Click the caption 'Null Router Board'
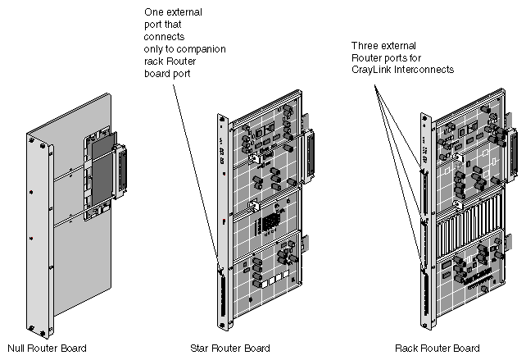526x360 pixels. click(47, 348)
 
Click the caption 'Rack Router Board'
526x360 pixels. click(437, 348)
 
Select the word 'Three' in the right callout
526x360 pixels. click(365, 45)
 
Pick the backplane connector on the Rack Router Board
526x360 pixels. click(514, 151)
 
